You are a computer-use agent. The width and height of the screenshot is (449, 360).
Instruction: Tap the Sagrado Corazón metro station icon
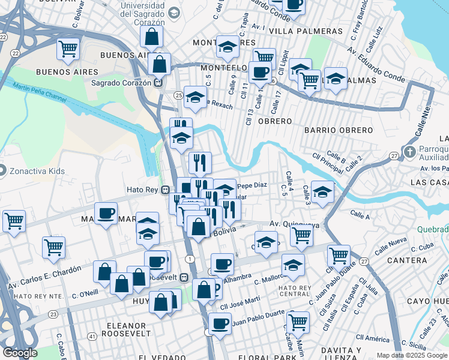point(158,83)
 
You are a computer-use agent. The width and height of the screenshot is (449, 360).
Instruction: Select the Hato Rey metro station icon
point(165,191)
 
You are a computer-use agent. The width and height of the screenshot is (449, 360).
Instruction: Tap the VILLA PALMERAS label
point(297,31)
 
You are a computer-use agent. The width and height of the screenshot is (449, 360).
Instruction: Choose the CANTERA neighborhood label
point(407,260)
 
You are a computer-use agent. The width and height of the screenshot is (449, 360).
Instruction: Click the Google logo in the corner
point(20,353)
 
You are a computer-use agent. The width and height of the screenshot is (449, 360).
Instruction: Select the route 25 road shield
point(178,95)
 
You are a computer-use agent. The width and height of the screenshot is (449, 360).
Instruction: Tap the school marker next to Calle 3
point(323,192)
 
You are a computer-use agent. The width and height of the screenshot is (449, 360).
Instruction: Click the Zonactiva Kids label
point(37,171)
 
